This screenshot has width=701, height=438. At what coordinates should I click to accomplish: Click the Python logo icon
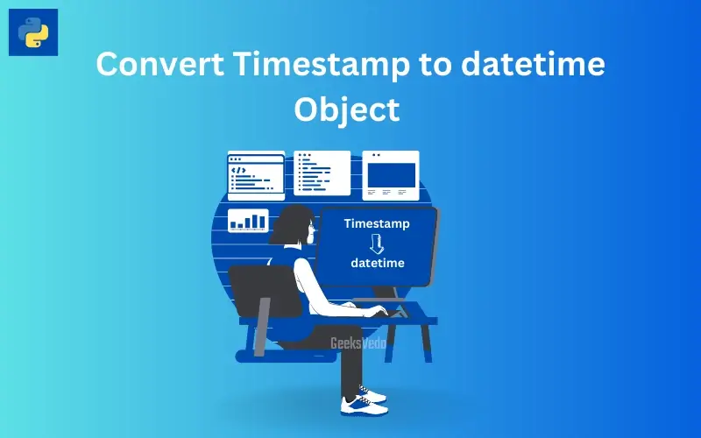(33, 32)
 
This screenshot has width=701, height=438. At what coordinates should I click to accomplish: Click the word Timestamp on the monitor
(377, 224)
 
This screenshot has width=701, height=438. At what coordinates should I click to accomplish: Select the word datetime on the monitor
(378, 263)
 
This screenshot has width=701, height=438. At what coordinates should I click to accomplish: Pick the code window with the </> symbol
(256, 175)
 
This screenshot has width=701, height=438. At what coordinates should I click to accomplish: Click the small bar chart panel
(248, 220)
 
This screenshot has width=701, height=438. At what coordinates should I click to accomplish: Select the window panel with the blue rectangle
(391, 174)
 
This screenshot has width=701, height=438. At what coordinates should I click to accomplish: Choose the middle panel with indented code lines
(322, 173)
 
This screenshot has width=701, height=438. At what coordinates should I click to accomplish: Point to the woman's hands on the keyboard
(373, 309)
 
